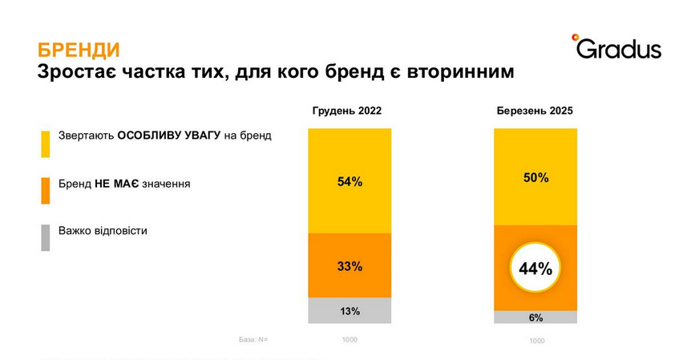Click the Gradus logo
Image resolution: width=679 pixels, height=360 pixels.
[616, 47]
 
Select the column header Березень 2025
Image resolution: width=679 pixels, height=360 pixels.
[535, 111]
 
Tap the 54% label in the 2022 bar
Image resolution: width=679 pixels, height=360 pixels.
[350, 182]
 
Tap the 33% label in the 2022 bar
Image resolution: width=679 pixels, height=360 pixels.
[350, 266]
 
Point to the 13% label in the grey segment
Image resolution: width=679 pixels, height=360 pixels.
[350, 311]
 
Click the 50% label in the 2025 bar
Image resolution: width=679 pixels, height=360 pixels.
[535, 177]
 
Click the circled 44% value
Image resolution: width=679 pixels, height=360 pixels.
[535, 269]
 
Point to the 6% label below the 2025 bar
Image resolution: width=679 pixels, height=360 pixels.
[536, 318]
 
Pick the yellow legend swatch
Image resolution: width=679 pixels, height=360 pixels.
[46, 144]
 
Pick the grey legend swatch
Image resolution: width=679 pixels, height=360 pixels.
[46, 238]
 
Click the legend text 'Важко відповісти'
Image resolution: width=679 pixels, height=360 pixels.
[103, 231]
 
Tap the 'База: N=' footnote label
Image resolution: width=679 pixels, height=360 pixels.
[253, 339]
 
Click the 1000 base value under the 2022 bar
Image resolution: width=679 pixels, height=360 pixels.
[350, 339]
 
